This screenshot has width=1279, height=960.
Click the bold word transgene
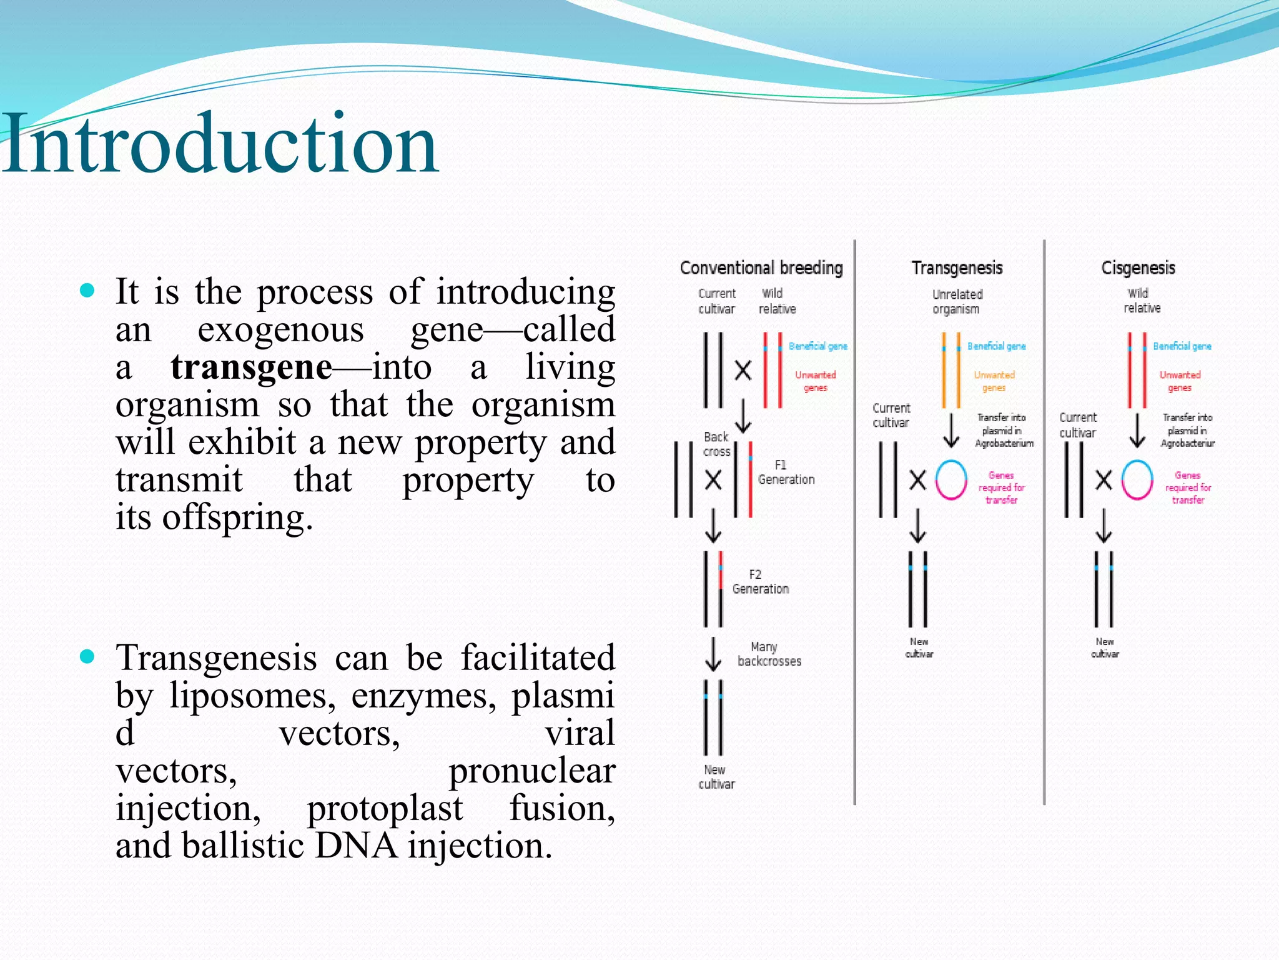[x=251, y=367]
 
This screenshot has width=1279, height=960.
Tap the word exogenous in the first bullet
[x=280, y=329]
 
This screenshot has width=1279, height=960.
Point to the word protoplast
[x=385, y=807]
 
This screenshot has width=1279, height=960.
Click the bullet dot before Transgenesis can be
[x=87, y=656]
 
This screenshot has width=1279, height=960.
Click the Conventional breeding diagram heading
[x=761, y=268]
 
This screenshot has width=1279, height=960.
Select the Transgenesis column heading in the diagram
[x=957, y=268]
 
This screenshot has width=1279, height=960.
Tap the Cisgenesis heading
[x=1138, y=268]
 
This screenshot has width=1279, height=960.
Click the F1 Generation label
[x=786, y=472]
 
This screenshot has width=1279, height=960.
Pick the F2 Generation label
[x=760, y=582]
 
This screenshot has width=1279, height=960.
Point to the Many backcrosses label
[x=769, y=654]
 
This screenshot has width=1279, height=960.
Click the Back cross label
[x=716, y=444]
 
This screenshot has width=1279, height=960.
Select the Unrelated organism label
[x=957, y=301]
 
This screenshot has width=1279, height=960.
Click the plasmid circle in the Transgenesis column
[x=951, y=480]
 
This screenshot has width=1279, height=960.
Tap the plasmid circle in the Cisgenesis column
[x=1137, y=480]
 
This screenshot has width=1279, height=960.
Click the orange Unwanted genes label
[x=994, y=381]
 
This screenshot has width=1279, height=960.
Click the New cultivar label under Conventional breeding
[x=716, y=777]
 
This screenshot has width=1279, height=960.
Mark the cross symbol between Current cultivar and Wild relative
[x=743, y=371]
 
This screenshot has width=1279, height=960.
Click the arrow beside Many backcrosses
[x=713, y=654]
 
